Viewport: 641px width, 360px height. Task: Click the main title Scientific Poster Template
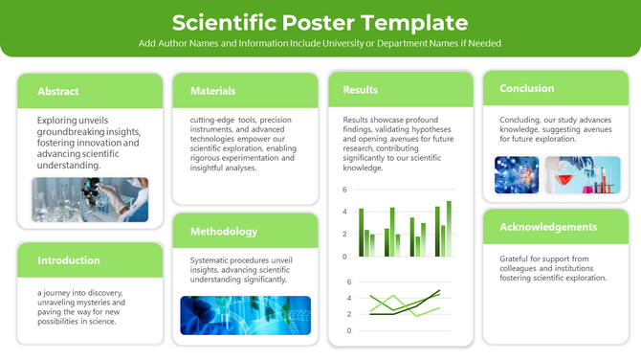tap(320, 22)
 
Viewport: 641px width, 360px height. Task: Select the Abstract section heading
tap(58, 92)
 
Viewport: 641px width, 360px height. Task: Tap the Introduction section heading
tap(69, 260)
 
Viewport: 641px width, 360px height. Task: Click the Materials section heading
tap(212, 91)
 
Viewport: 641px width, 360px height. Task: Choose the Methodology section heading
tap(224, 232)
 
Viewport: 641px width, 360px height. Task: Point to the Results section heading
tap(360, 90)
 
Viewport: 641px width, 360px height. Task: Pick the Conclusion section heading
tap(526, 88)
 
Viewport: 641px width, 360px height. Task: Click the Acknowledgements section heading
tap(548, 228)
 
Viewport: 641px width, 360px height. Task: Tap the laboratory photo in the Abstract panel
tap(90, 200)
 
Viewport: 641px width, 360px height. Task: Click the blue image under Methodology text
tap(245, 314)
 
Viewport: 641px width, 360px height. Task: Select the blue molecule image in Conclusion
tap(517, 175)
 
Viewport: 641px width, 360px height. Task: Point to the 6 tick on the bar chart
tap(344, 190)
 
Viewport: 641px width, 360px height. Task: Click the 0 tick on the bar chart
tap(344, 257)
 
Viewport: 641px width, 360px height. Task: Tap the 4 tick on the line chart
tap(349, 298)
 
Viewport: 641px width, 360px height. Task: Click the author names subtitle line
tap(320, 44)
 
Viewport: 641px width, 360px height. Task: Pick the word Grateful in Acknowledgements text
tap(517, 259)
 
